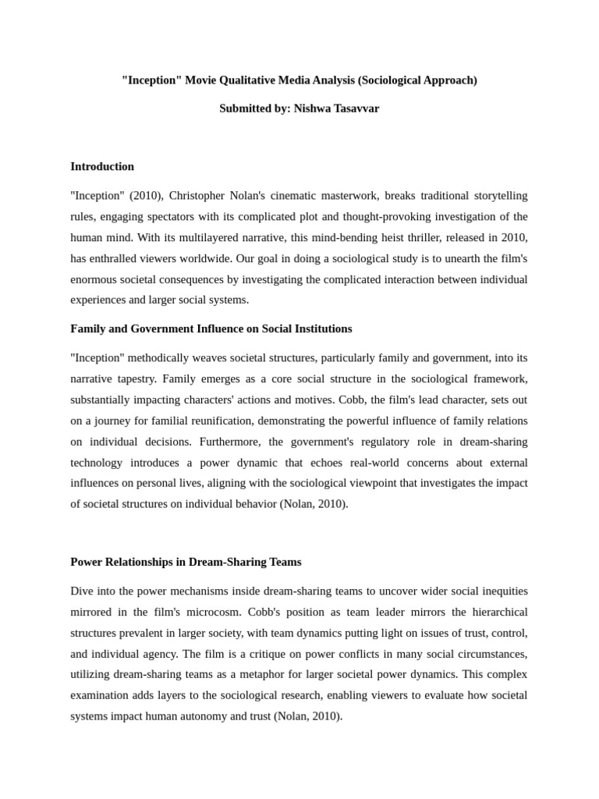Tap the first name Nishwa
click(x=309, y=108)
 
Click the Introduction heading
click(x=102, y=166)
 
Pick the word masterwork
click(x=346, y=195)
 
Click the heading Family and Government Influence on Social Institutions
click(x=211, y=328)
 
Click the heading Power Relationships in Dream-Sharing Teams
click(x=186, y=562)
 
